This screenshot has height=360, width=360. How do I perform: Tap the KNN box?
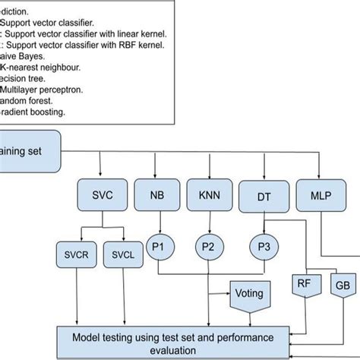[x=210, y=194]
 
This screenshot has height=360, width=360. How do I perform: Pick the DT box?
[x=262, y=196]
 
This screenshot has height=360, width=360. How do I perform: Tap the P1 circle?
[x=160, y=246]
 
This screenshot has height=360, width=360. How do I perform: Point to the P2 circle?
[x=208, y=246]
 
